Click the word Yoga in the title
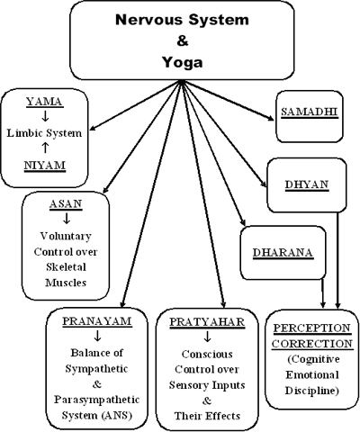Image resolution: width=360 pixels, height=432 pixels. point(183,62)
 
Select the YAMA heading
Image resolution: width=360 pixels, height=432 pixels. point(44,102)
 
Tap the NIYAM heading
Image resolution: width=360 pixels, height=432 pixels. point(44,166)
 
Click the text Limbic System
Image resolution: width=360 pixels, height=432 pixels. point(44,133)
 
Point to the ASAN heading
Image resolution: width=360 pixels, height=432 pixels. point(66,204)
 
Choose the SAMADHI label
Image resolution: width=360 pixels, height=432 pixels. point(310,112)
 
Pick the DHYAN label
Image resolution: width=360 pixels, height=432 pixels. point(307,184)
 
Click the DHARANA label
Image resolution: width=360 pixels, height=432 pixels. point(283,253)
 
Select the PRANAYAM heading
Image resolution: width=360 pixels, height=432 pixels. point(97,321)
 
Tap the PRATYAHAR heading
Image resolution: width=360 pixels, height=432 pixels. point(207,322)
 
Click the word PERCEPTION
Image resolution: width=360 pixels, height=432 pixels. point(312,328)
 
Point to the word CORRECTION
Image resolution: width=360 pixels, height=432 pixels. point(312,344)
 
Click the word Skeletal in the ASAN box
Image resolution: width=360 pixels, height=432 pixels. point(66,267)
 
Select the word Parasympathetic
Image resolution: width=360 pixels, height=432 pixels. point(97,400)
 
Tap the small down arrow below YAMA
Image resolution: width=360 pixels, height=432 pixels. point(45,116)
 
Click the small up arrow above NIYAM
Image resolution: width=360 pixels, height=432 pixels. point(45,148)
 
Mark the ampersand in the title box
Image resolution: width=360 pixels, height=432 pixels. point(183,40)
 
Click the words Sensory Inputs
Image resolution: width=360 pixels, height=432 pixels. point(207,385)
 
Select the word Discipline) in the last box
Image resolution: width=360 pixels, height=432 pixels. point(312,391)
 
